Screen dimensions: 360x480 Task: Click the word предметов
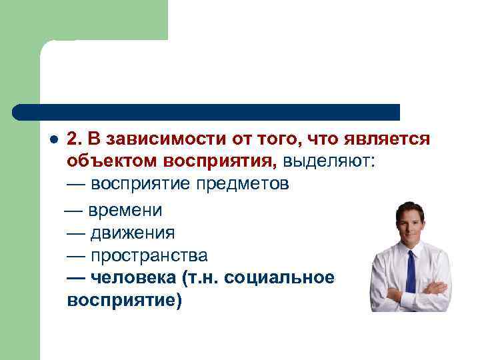[x=243, y=184]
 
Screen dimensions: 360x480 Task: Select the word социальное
[x=280, y=278]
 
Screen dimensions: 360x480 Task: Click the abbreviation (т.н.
[x=200, y=278]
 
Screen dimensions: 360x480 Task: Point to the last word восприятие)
[x=124, y=301]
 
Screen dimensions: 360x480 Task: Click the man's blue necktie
[x=411, y=273]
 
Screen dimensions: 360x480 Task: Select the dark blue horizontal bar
[x=207, y=111]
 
